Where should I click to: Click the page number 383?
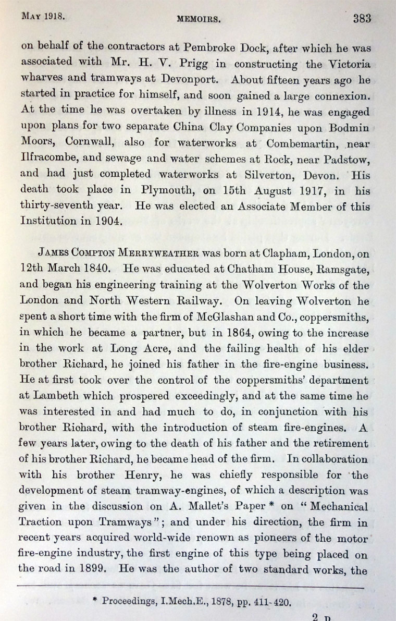click(362, 19)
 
